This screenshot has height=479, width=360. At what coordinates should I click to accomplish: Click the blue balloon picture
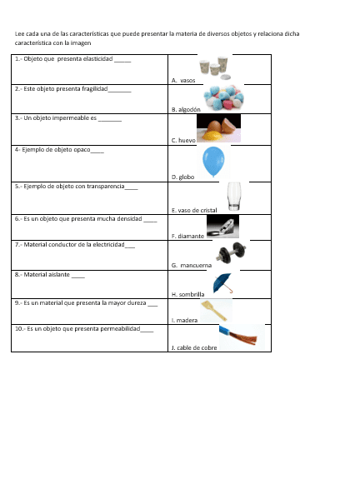pos(213,162)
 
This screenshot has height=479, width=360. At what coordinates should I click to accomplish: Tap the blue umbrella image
pos(223,283)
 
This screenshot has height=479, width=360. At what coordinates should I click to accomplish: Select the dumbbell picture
pos(231,252)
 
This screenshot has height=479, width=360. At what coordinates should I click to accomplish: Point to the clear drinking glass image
pos(234,197)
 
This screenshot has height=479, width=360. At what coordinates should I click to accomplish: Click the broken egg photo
pos(218,128)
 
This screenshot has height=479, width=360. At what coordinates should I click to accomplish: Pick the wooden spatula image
pos(215,311)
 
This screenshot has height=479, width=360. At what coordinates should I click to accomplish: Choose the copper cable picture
pos(242,337)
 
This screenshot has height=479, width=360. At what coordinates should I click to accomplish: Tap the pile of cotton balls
pos(224,97)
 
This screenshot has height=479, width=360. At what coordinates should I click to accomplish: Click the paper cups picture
pos(215,67)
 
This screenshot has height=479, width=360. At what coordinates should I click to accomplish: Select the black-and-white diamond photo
pos(222,227)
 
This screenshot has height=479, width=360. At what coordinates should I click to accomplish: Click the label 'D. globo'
pos(182,177)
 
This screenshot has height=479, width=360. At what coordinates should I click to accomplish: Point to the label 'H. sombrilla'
pos(187,295)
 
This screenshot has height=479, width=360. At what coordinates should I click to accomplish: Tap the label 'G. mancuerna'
pos(192,265)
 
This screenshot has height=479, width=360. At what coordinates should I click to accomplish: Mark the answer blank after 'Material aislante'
pos(78,277)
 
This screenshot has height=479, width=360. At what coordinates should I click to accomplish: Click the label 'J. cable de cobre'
pos(194,347)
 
